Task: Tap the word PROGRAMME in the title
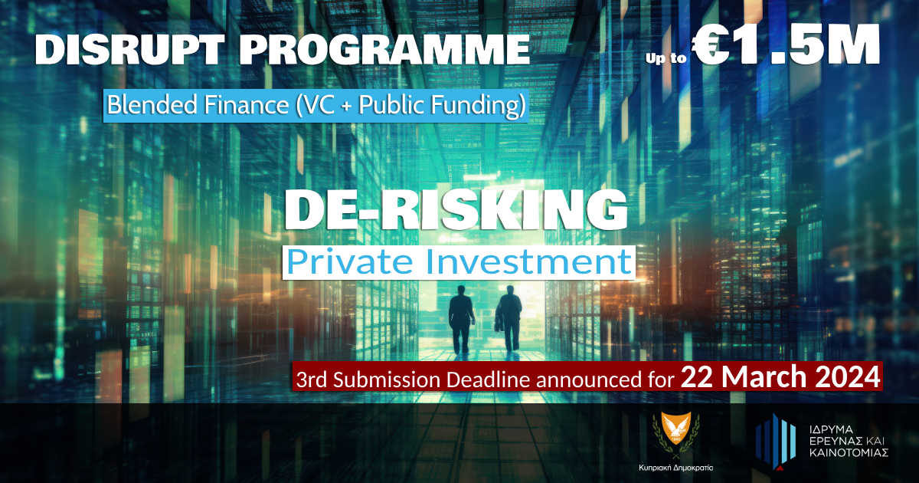pyautogui.click(x=384, y=49)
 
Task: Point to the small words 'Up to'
pyautogui.click(x=666, y=58)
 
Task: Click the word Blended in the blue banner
pyautogui.click(x=152, y=105)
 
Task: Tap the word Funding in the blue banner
pyautogui.click(x=478, y=106)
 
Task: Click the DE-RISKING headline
pyautogui.click(x=456, y=211)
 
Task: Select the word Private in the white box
pyautogui.click(x=350, y=262)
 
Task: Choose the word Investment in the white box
pyautogui.click(x=528, y=262)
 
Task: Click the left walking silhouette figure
pyautogui.click(x=461, y=319)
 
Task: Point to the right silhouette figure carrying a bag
pyautogui.click(x=509, y=318)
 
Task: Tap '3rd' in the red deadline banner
pyautogui.click(x=311, y=380)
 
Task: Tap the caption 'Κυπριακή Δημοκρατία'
pyautogui.click(x=676, y=468)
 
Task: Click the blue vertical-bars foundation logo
pyautogui.click(x=776, y=441)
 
